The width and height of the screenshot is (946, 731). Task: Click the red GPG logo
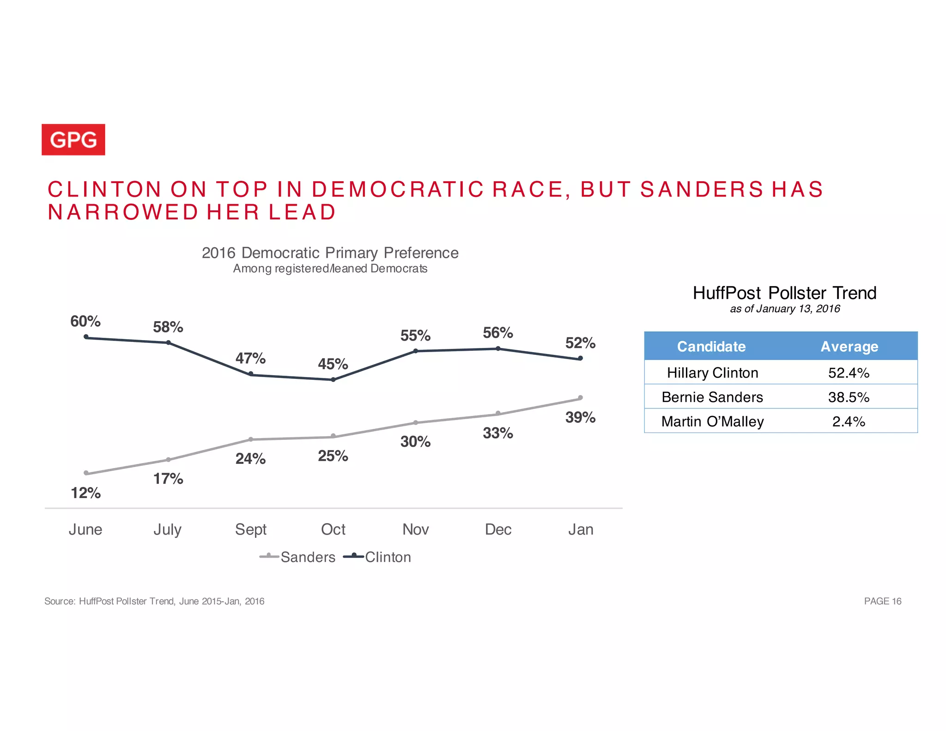[x=73, y=140]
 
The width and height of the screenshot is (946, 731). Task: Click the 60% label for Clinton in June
[x=85, y=321]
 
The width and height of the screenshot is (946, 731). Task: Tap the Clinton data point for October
[x=333, y=380]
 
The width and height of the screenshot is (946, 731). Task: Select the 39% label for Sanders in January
[x=580, y=417]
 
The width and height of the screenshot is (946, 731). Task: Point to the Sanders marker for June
[x=86, y=473]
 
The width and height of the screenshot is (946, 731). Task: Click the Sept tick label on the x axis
[x=250, y=530]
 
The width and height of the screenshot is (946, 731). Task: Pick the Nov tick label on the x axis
[x=415, y=530]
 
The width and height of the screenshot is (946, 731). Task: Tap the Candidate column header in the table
[x=711, y=347]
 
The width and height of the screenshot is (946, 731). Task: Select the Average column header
[x=849, y=347]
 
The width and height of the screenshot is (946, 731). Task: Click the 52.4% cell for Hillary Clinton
[x=849, y=373]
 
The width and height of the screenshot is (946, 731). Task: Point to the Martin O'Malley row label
[x=712, y=421]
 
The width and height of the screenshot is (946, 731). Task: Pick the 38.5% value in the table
[x=849, y=397]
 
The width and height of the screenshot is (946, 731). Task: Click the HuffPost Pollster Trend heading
[x=784, y=293]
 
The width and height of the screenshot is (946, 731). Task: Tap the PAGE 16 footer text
[x=882, y=601]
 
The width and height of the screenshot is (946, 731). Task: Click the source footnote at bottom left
[x=154, y=601]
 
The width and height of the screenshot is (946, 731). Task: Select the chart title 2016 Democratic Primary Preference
[x=330, y=253]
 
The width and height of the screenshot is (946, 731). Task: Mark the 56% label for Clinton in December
[x=497, y=333]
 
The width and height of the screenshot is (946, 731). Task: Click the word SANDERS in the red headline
[x=702, y=189]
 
